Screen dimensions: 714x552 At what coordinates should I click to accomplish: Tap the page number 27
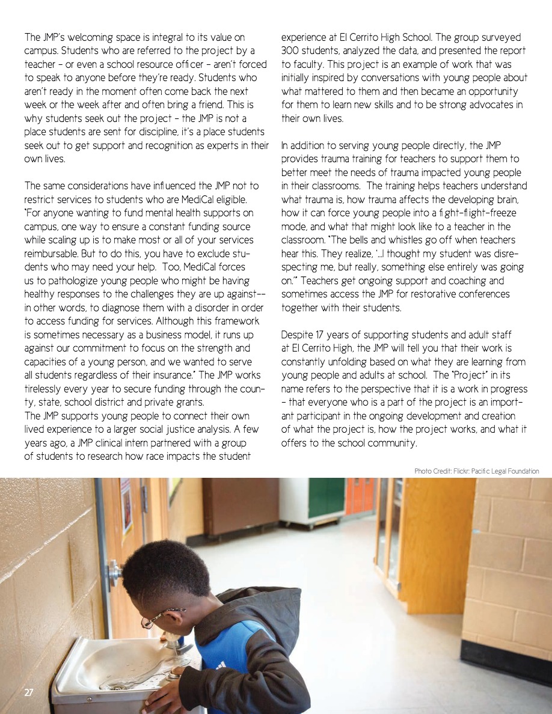click(x=29, y=693)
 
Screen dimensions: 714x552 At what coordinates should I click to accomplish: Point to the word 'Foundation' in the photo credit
click(x=522, y=471)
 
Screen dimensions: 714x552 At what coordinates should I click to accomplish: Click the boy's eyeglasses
click(x=158, y=617)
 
